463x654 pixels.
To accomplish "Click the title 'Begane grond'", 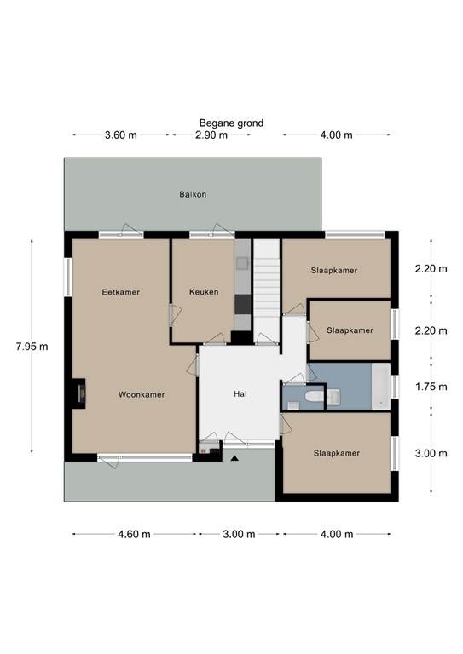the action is coord(231,123).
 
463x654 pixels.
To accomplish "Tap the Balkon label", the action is coord(193,194).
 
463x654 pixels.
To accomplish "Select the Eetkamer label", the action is coord(121,292).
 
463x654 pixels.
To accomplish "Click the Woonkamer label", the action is coord(142,394).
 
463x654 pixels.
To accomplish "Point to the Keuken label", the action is coord(204,292).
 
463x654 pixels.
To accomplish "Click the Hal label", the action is coord(240,393).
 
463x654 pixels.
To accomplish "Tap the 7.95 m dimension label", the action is coord(32,347).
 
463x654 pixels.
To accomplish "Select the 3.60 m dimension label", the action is coord(121,135).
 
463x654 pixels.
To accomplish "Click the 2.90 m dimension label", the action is coord(211,135).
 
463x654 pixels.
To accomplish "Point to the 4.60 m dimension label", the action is coord(134,534).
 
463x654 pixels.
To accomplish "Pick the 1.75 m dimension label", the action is coord(431,387).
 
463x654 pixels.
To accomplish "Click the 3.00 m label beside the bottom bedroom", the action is coord(431,453).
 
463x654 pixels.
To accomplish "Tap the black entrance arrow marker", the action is coord(234,458).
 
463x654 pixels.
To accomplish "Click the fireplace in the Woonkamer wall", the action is coord(79,393).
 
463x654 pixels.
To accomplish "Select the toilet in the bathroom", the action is coord(315,396).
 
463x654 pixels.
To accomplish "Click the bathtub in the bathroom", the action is coord(381,387).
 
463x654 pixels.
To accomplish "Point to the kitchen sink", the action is coord(242,263).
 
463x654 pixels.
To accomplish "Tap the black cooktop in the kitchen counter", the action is coord(242,304).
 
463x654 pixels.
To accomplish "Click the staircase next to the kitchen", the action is coord(267,291).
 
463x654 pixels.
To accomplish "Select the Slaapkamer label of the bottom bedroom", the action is coord(337,453).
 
